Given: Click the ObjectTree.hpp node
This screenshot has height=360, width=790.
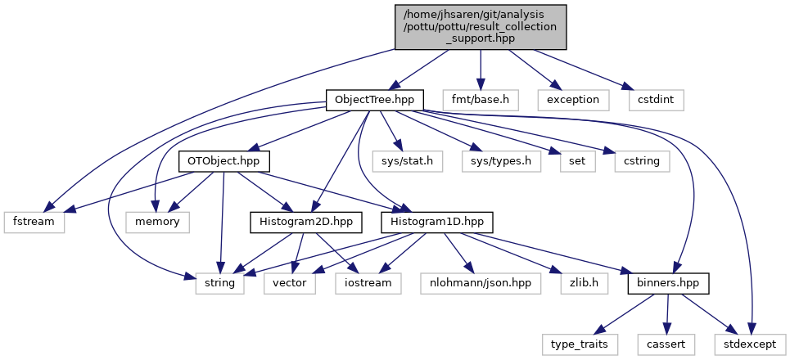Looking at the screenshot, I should (x=375, y=100).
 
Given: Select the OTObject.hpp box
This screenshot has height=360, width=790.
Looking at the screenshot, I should (x=224, y=161).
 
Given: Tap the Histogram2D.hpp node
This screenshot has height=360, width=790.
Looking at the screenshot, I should (x=295, y=223).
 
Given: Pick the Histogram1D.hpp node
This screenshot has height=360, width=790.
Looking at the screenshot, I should (x=424, y=223).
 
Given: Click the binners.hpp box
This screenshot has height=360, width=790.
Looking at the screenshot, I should (x=667, y=284).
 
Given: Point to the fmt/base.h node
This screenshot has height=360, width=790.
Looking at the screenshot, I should (x=481, y=100).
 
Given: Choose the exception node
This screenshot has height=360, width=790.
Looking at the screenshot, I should (x=573, y=100).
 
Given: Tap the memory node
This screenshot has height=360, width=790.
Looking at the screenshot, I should (x=158, y=223).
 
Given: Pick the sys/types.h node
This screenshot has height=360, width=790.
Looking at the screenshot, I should (x=501, y=161).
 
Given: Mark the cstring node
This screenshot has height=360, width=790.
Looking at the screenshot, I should (x=641, y=161).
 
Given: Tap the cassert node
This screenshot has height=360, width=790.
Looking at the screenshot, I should (x=667, y=345).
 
